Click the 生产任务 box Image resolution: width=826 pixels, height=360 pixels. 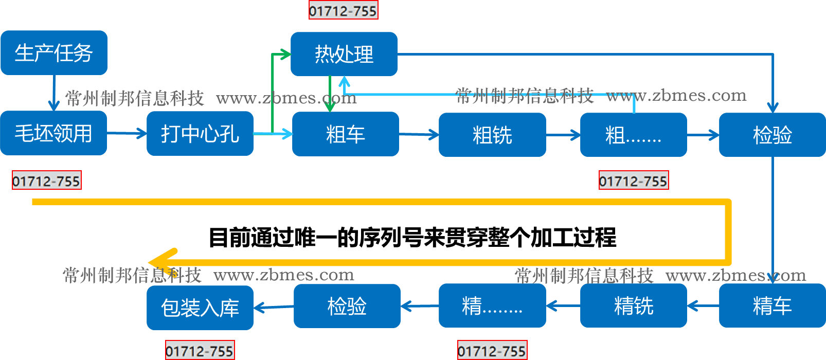coord(54,53)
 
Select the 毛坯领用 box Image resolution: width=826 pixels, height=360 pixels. coord(53,133)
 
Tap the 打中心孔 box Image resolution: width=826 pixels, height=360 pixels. coord(200,134)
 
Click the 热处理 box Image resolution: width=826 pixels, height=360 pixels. coord(344,54)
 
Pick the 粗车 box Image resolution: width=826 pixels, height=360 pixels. coord(346,134)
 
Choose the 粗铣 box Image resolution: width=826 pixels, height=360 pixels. coord(492,135)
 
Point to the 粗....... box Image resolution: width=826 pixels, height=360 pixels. coord(633,135)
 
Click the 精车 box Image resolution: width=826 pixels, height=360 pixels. coord(772,305)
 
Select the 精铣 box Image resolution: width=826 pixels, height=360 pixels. coord(633,305)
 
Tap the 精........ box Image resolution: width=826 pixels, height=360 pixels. coord(492,305)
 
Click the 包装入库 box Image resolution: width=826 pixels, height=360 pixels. coord(200,308)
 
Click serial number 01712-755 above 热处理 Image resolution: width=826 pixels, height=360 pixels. coord(343,10)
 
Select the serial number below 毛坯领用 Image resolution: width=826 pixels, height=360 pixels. coord(47,181)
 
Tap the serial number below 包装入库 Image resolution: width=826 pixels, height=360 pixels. coord(200,351)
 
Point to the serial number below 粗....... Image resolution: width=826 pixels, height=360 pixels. coord(634,181)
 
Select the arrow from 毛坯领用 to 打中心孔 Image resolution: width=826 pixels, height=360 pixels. coord(127,134)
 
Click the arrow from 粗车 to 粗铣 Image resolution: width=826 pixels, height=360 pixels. coord(419,135)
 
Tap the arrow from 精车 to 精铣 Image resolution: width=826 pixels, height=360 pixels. coord(703,306)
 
